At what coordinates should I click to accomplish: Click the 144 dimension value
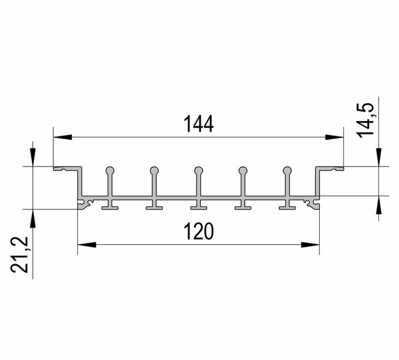(198, 124)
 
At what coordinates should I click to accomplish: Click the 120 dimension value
(199, 231)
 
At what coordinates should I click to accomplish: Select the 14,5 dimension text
(366, 120)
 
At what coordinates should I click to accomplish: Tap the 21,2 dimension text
(19, 255)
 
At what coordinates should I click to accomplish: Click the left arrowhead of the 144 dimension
(63, 137)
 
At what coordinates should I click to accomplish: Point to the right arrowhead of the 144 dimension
(334, 137)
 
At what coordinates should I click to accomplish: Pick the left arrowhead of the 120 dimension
(86, 245)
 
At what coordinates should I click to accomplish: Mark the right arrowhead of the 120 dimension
(310, 245)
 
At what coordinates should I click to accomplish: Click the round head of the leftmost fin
(110, 170)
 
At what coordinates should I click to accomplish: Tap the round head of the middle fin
(198, 170)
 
